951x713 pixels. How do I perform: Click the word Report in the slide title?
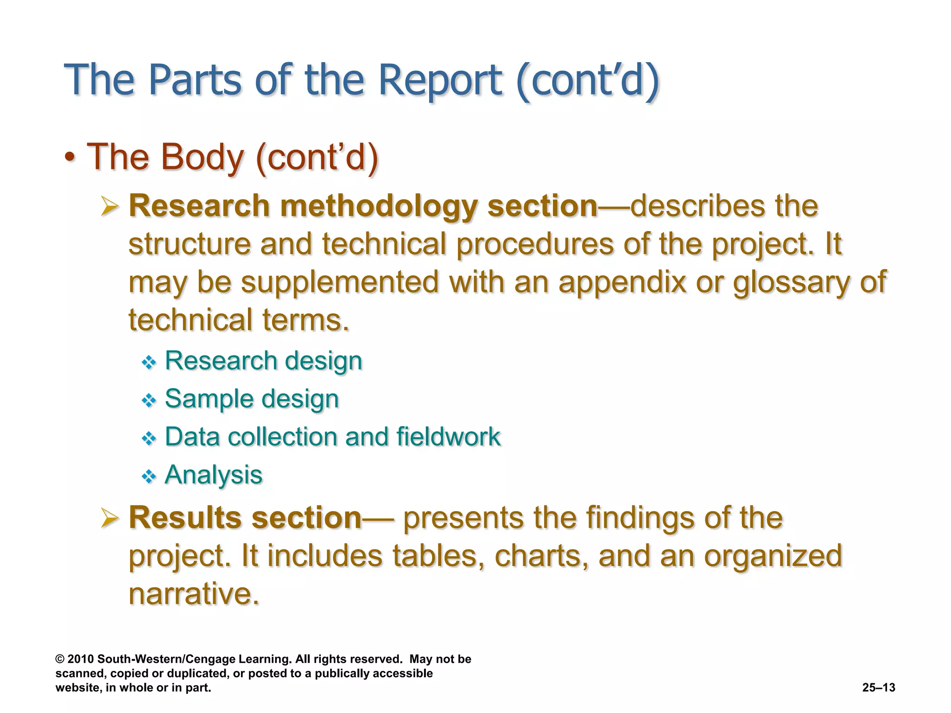440,80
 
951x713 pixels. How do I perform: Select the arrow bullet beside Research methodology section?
110,206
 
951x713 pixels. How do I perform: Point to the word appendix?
622,282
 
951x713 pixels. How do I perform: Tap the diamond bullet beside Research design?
149,362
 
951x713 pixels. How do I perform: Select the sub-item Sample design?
252,399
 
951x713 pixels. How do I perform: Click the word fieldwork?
448,437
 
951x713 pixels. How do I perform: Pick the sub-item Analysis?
214,475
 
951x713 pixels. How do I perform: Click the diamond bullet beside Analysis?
149,476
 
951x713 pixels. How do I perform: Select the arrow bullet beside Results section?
110,518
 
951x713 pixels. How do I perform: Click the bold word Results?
185,518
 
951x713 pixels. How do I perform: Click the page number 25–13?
878,687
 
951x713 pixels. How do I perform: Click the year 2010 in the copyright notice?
80,659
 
